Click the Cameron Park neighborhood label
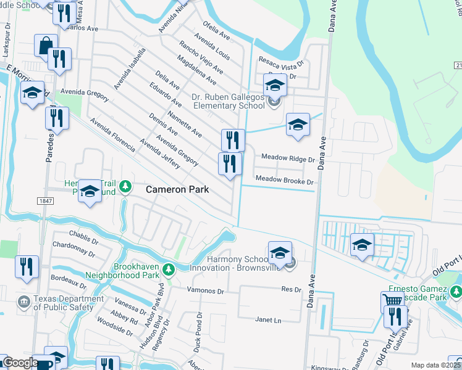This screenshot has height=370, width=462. tap(178, 190)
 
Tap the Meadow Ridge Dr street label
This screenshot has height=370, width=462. tap(288, 159)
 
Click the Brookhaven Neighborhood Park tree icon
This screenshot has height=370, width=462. tap(168, 268)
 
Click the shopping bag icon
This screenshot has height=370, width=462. tap(45, 46)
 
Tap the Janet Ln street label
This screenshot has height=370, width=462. tap(268, 320)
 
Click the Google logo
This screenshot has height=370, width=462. tap(20, 363)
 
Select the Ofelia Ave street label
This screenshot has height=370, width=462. tap(216, 31)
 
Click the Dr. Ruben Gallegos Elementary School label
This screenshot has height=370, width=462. tap(229, 101)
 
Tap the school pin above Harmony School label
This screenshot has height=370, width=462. tap(280, 252)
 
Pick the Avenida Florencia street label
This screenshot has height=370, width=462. tap(112, 135)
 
